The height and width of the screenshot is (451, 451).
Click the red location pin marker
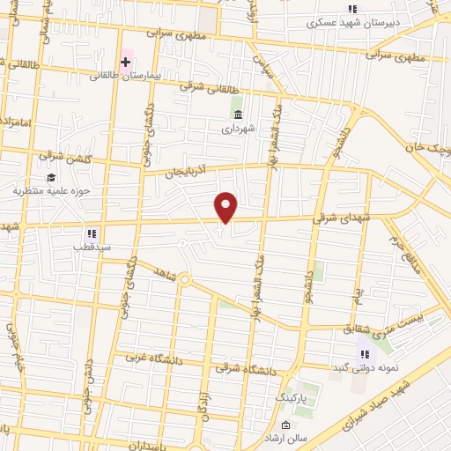pyautogui.click(x=226, y=207)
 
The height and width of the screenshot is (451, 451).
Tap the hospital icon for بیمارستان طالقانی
pyautogui.click(x=126, y=62)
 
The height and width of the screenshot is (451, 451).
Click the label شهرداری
pyautogui.click(x=238, y=128)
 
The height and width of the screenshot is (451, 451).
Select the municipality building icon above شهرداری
pyautogui.click(x=238, y=113)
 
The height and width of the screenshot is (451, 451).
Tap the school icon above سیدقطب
pyautogui.click(x=91, y=233)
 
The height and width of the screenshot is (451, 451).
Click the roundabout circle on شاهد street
pyautogui.click(x=185, y=280)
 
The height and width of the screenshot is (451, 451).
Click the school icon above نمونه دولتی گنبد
pyautogui.click(x=361, y=353)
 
